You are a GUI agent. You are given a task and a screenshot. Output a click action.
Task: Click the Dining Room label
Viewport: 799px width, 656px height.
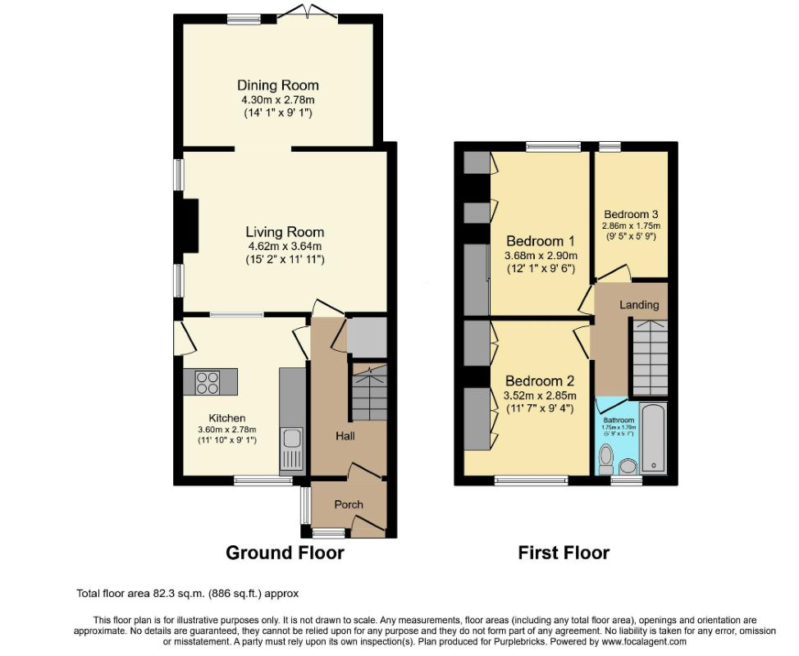(x=277, y=85)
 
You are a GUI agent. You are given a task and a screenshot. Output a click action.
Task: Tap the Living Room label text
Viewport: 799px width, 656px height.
(x=285, y=232)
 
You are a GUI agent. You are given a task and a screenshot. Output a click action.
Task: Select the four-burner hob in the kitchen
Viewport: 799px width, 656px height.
(x=208, y=380)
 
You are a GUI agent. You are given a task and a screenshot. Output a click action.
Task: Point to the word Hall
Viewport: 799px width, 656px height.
(x=345, y=436)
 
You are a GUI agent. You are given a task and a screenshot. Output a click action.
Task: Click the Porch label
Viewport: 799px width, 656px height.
(x=349, y=504)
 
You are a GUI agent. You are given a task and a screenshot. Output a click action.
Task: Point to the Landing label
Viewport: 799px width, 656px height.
(x=639, y=304)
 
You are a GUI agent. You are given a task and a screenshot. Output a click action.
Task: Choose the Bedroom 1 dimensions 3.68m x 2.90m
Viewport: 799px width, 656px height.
(x=540, y=256)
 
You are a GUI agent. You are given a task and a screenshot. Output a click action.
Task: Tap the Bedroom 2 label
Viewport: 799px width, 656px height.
(x=540, y=381)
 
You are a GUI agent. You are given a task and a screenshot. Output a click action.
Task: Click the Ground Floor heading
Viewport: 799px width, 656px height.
(x=285, y=553)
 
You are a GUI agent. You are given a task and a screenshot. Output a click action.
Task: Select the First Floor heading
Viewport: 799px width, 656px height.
(x=564, y=553)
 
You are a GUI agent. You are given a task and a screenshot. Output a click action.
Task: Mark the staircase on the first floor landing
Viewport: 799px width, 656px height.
(x=648, y=357)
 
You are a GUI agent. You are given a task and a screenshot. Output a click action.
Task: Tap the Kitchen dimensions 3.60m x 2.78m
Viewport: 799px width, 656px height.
(x=226, y=429)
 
